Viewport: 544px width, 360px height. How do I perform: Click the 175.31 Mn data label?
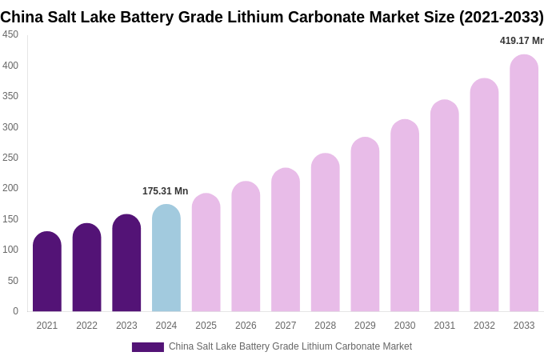(x=166, y=191)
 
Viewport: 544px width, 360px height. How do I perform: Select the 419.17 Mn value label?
(x=522, y=41)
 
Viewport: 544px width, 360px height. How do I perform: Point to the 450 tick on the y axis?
(x=10, y=34)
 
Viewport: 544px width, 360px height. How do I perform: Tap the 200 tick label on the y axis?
(x=10, y=188)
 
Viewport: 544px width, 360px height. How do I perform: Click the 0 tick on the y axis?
(x=15, y=311)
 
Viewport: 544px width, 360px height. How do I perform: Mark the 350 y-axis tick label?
(x=10, y=96)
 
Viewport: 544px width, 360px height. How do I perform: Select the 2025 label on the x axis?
(x=206, y=326)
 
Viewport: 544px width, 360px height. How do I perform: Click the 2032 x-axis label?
(x=484, y=326)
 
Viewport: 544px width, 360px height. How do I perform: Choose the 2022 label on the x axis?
(x=86, y=326)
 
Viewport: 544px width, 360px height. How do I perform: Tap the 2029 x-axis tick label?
(x=365, y=326)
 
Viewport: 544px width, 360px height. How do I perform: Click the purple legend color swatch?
(x=148, y=347)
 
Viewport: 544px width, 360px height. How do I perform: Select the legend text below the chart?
(x=290, y=346)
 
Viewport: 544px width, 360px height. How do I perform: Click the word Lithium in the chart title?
(x=258, y=17)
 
